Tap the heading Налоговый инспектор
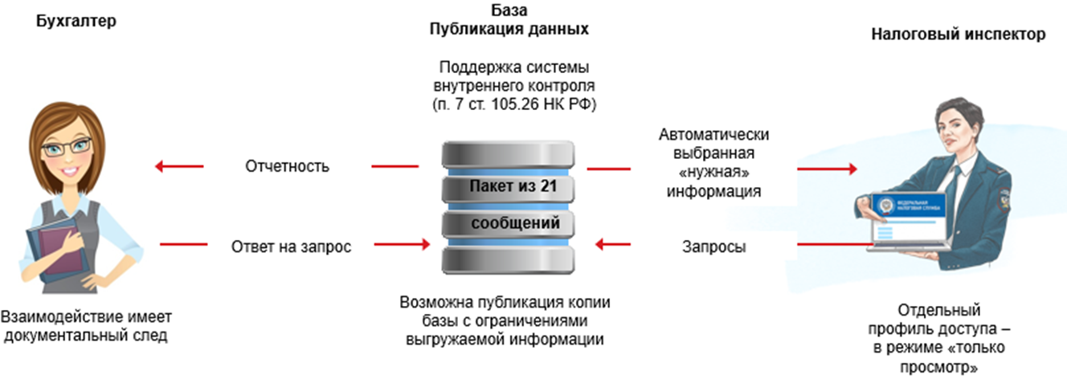pos(959,35)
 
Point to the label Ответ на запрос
pos(291,246)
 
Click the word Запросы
pos(713,247)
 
